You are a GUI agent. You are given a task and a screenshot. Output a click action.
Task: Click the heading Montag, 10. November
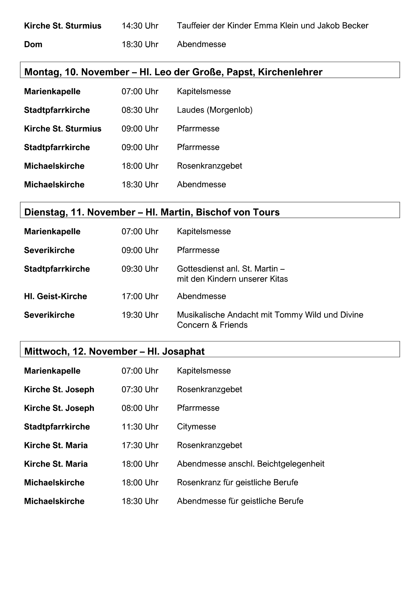(x=77, y=72)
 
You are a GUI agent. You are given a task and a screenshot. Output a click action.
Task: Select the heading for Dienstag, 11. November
(x=80, y=212)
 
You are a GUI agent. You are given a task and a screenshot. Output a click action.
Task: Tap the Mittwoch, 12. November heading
(x=80, y=351)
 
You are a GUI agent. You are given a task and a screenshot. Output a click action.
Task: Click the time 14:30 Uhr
(x=140, y=26)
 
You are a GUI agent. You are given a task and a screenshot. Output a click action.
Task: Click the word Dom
(x=33, y=44)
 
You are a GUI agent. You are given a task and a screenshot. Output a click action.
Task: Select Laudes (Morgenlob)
(x=215, y=110)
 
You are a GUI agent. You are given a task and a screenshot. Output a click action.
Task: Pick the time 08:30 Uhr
(x=140, y=110)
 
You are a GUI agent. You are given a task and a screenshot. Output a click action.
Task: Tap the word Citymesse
(x=196, y=427)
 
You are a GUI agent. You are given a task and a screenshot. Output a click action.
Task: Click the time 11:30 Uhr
(x=140, y=427)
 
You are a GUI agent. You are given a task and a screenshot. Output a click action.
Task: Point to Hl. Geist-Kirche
(x=55, y=296)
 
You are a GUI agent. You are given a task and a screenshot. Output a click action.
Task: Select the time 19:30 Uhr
(x=140, y=315)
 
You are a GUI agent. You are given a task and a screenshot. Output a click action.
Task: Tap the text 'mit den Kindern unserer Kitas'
(x=232, y=279)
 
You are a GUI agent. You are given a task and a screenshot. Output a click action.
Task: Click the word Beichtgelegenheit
(x=291, y=464)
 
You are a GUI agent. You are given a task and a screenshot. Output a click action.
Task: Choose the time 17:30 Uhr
(x=140, y=445)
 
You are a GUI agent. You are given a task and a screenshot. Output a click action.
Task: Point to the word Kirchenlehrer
(x=290, y=72)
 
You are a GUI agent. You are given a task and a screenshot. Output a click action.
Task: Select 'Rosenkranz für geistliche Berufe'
(x=237, y=482)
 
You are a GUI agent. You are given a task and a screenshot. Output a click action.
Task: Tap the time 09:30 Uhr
(x=140, y=269)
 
